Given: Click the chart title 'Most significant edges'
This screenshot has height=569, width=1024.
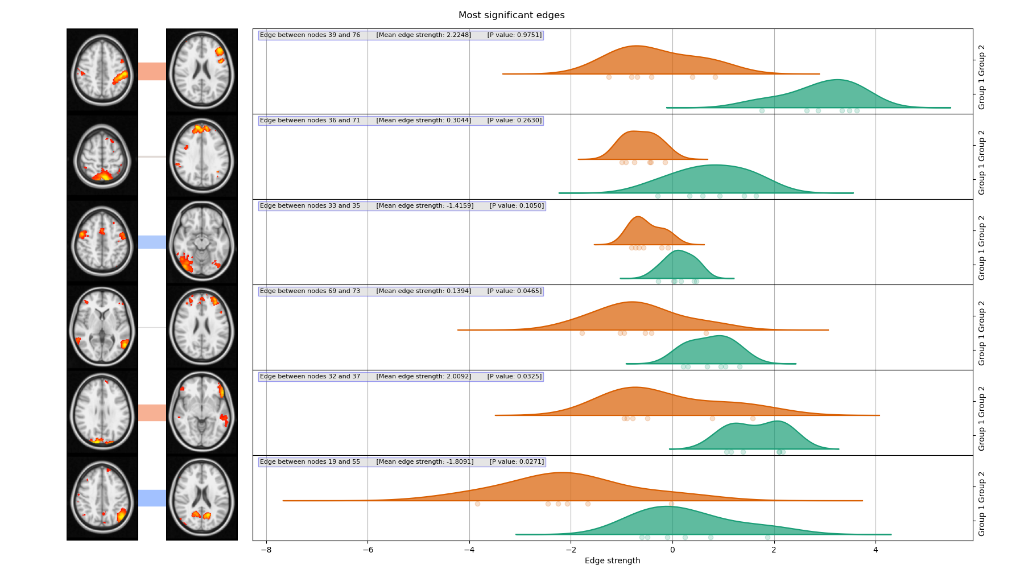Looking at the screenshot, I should (x=511, y=15).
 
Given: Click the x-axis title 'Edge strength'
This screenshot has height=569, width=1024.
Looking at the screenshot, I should (x=612, y=560).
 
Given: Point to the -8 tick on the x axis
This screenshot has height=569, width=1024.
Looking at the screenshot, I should (x=266, y=550).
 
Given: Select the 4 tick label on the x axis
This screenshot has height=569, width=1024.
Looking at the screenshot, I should (x=876, y=550).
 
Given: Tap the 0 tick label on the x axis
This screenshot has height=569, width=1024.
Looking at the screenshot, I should (x=672, y=550).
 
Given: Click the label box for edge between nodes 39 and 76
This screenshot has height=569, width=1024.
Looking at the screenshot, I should (x=400, y=35).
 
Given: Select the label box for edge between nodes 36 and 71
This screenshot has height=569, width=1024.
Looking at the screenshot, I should (x=400, y=121).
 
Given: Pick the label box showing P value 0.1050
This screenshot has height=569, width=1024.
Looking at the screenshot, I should (x=402, y=206).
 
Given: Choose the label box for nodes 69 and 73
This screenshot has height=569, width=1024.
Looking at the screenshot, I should (x=400, y=291).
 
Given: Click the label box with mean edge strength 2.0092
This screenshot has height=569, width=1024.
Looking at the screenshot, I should (x=400, y=377).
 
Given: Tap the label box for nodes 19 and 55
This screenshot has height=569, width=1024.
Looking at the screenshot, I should (x=402, y=462).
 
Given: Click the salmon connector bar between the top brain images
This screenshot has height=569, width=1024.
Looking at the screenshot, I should (x=152, y=71).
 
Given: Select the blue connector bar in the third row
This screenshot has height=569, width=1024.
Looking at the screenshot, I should (x=152, y=242).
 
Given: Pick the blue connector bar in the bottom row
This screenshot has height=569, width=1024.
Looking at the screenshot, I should (x=152, y=498).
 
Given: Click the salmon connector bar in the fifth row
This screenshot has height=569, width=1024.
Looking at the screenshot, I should (x=152, y=413).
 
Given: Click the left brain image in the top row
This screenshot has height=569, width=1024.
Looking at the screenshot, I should (x=102, y=71).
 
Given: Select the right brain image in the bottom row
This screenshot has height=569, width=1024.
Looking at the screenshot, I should (x=202, y=498).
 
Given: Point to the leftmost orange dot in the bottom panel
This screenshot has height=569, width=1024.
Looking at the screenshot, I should (x=477, y=504).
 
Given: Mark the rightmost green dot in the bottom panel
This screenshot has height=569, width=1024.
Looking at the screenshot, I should (x=767, y=537).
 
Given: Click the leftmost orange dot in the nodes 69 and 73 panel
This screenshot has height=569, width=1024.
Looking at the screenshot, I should (x=582, y=333).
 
